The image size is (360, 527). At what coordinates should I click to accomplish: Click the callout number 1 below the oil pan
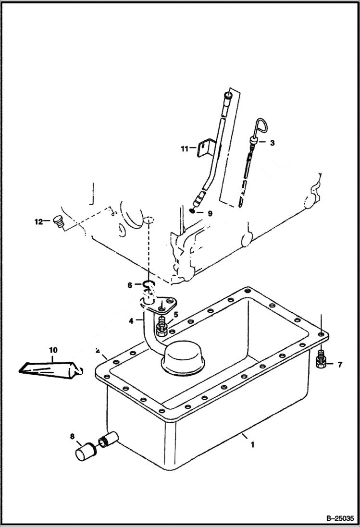(251, 445)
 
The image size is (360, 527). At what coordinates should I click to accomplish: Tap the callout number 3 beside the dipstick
(272, 143)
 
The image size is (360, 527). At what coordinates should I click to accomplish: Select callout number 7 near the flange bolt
(339, 365)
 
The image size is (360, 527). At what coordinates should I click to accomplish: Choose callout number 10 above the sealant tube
(53, 350)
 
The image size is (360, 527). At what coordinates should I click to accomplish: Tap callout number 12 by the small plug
(38, 221)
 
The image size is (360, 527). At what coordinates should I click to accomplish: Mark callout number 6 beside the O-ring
(130, 285)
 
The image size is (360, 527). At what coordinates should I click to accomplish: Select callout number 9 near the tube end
(210, 213)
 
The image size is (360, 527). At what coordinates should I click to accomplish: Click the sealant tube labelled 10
(48, 368)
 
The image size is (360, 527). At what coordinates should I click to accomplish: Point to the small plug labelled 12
(59, 222)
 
